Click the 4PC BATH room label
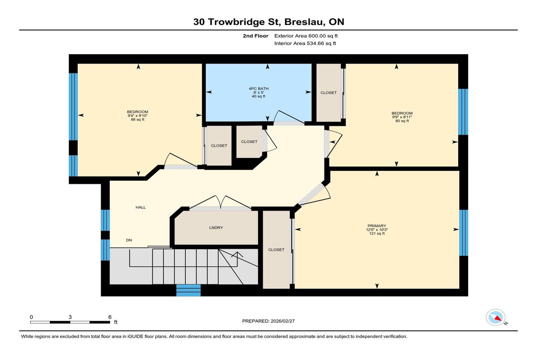point(259,89)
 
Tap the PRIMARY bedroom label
point(377,226)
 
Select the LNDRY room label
point(216,228)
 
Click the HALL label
point(141,208)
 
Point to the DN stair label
point(129,240)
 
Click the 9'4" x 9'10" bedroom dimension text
point(138,116)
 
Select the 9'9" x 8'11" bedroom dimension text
point(402,117)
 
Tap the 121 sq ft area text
point(377,233)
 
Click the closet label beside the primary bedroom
point(276,250)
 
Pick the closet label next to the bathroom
point(328,93)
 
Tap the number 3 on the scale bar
point(70,317)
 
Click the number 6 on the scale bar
point(110,317)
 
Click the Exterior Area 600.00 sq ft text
point(306,36)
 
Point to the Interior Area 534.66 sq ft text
point(305,43)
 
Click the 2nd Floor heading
point(256,36)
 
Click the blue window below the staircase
point(188,290)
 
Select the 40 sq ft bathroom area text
point(259,96)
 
